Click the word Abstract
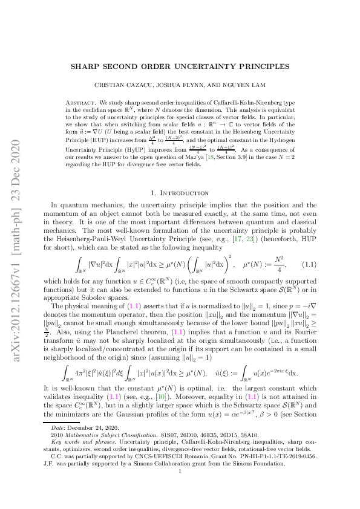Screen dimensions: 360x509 [x=80, y=102]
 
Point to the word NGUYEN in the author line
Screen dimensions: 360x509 [x=223, y=86]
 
